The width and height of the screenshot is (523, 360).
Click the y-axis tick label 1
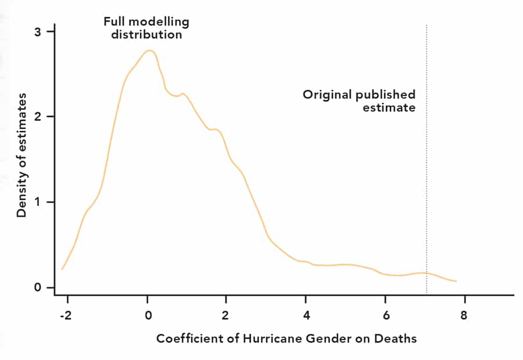[37, 202]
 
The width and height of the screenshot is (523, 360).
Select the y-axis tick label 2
[37, 117]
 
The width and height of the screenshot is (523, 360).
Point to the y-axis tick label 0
[37, 288]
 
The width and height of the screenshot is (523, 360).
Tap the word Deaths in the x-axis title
[398, 338]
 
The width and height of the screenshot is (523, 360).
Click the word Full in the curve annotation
[114, 22]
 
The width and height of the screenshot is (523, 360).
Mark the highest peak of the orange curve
[149, 51]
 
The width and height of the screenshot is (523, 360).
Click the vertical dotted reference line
[427, 174]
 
